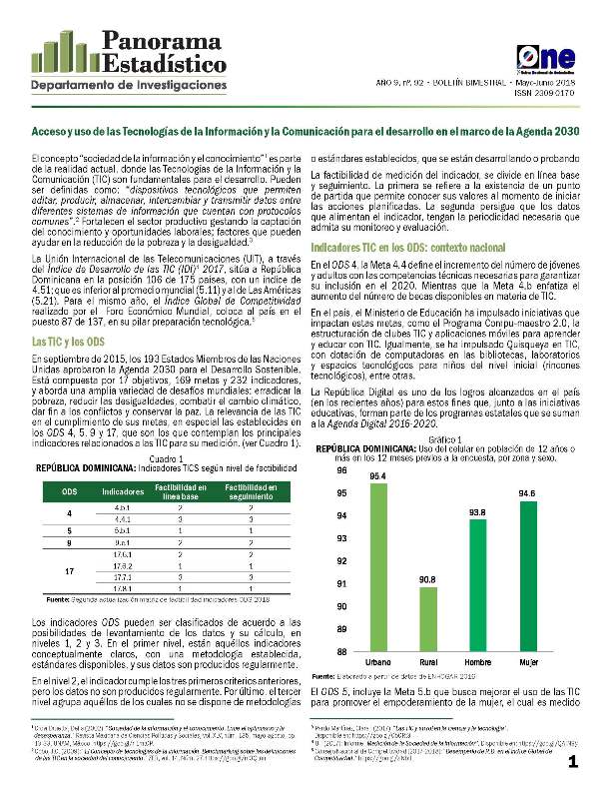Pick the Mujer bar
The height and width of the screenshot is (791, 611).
tap(527, 576)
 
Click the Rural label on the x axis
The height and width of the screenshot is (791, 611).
tap(428, 663)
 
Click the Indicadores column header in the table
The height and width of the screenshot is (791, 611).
tap(123, 464)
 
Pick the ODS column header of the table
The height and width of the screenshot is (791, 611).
tap(69, 464)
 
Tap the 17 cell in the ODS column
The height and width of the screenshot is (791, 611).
tap(69, 571)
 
